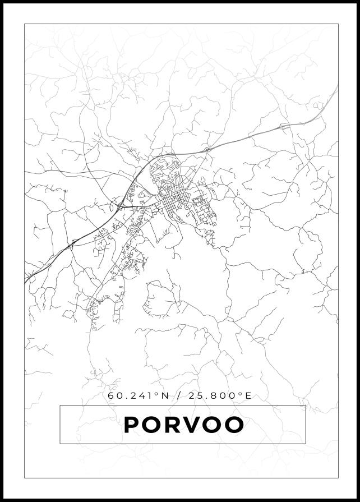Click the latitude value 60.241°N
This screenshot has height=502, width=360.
tap(138, 396)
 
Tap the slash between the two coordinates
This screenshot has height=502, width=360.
tap(179, 396)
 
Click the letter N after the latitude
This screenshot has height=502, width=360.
tap(164, 396)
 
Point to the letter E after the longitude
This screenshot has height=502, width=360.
tap(248, 396)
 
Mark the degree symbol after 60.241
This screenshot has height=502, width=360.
tap(156, 394)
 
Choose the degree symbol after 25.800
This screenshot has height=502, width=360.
tap(241, 394)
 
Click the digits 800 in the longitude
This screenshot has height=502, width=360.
tap(228, 396)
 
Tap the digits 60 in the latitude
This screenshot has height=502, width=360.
tap(114, 396)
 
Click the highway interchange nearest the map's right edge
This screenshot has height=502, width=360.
tap(285, 127)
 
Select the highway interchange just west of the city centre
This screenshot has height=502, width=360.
tap(121, 205)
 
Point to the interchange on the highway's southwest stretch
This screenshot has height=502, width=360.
tap(72, 244)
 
